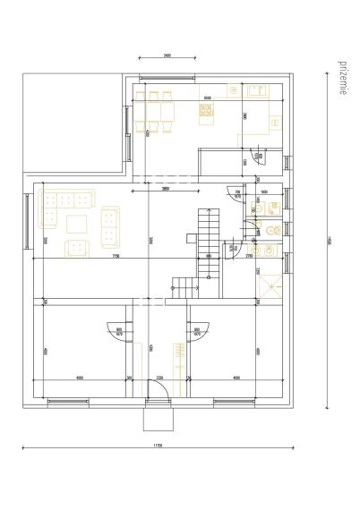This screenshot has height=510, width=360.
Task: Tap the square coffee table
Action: (x=77, y=224)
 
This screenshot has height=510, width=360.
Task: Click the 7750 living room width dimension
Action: (x=116, y=256)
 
